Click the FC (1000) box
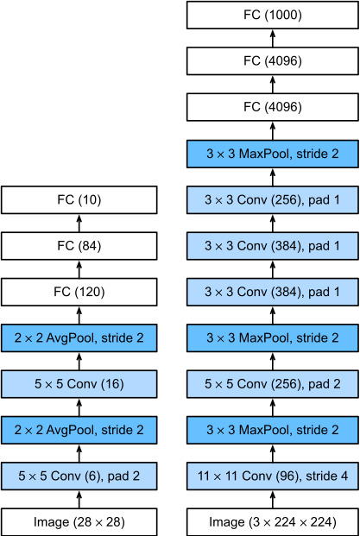[273, 15]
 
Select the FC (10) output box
[79, 200]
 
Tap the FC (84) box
[79, 246]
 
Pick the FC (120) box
[79, 292]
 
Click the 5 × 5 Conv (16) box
[79, 384]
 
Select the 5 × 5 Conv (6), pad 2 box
[79, 476]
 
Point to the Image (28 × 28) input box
[79, 522]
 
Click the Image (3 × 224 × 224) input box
[273, 522]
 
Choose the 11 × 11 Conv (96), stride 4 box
[273, 476]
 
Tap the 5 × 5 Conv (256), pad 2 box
[273, 384]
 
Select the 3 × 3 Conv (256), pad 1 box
[273, 200]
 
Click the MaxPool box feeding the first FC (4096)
[273, 154]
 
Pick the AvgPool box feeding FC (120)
[79, 338]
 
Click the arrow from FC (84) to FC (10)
[79, 223]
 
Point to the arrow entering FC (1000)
[273, 38]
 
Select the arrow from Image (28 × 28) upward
[79, 499]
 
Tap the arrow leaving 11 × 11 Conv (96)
[273, 453]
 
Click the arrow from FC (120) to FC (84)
[79, 269]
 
